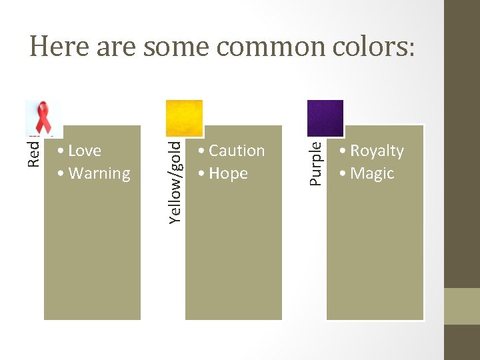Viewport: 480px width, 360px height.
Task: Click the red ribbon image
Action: pyautogui.click(x=43, y=119)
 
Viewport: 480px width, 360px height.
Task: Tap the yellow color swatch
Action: pyautogui.click(x=184, y=118)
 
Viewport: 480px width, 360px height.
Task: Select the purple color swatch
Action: pyautogui.click(x=325, y=118)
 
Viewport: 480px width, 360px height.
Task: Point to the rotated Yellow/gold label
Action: pyautogui.click(x=175, y=181)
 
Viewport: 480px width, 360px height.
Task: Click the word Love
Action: pyautogui.click(x=85, y=151)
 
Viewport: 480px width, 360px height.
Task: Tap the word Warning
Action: pyautogui.click(x=99, y=173)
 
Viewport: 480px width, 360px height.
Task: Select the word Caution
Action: pyautogui.click(x=237, y=151)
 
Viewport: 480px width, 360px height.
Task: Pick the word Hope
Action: pyautogui.click(x=228, y=173)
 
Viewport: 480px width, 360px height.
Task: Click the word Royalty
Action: pyautogui.click(x=377, y=151)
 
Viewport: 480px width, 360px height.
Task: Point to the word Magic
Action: pyautogui.click(x=372, y=173)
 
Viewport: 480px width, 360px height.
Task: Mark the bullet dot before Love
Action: pyautogui.click(x=61, y=151)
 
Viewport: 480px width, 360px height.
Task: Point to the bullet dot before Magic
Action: pyautogui.click(x=343, y=174)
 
